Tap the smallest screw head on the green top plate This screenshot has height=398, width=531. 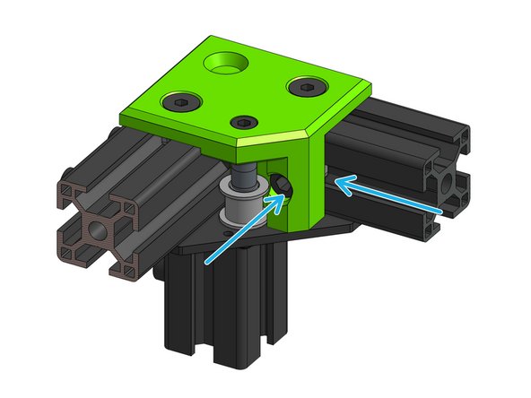coord(244,123)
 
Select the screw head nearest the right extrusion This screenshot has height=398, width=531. coord(307,88)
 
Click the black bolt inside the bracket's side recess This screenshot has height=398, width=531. coord(282,185)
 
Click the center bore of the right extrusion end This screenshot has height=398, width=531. coord(448,185)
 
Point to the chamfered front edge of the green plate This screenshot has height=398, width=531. coord(269,138)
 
